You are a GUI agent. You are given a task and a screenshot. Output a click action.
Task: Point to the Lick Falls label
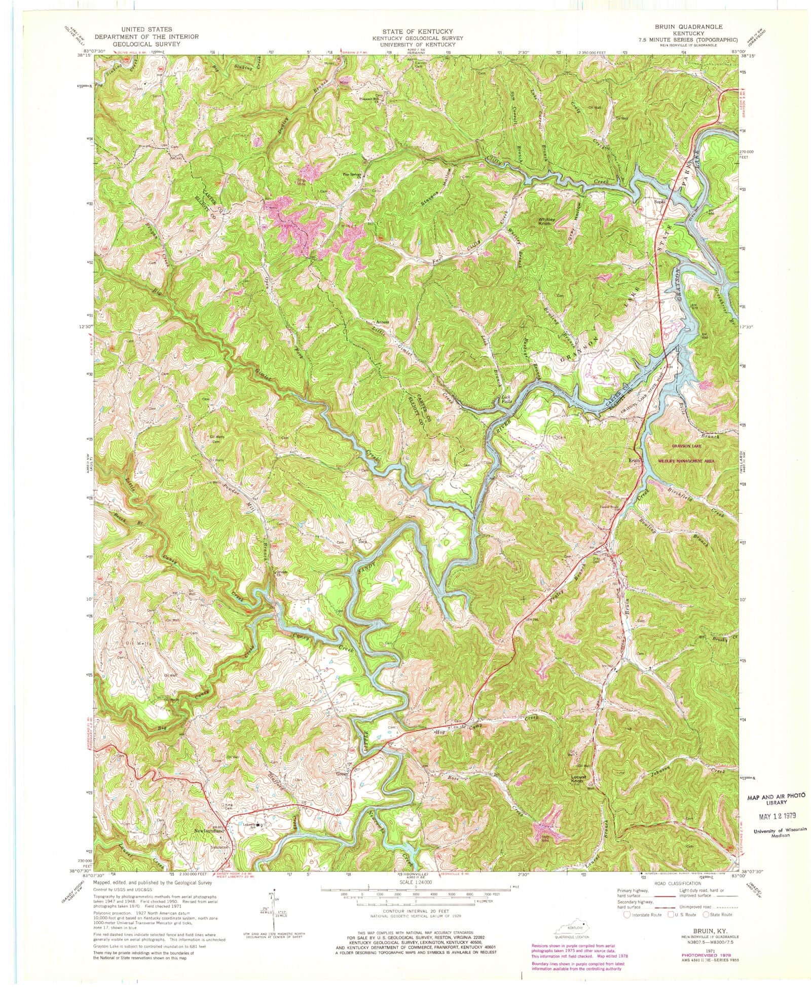(505, 399)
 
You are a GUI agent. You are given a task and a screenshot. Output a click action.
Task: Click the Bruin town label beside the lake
(636, 461)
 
